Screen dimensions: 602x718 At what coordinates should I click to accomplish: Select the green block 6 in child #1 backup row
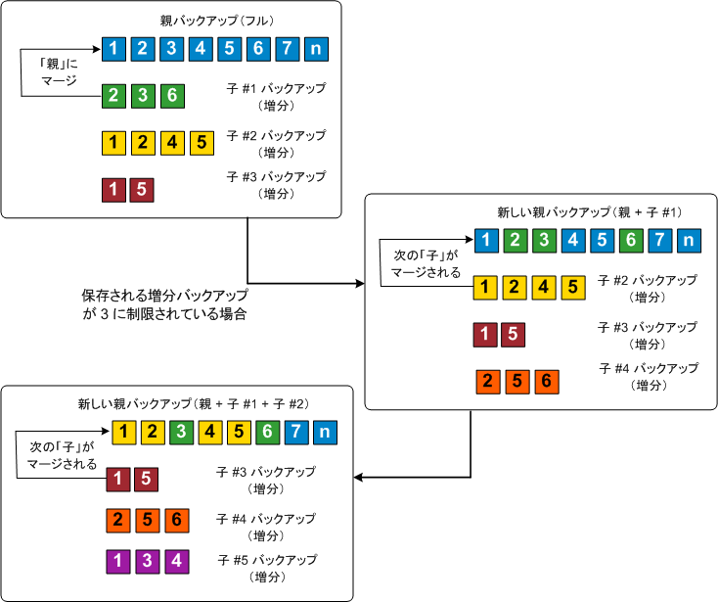[172, 95]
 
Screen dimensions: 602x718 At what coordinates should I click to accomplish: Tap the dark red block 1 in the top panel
[113, 188]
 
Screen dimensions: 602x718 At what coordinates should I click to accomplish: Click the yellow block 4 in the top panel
[172, 143]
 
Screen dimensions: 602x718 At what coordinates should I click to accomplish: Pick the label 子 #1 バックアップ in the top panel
[276, 88]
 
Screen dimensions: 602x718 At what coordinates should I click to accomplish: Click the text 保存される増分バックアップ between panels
[164, 295]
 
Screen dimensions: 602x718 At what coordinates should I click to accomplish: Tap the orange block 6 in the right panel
[548, 382]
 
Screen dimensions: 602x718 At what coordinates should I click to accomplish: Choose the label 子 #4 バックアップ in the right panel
[648, 368]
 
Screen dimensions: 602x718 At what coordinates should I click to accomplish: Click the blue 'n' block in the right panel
[689, 239]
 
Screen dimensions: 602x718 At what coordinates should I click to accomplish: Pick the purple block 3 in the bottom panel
[147, 562]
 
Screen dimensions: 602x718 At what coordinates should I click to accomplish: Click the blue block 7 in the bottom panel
[298, 431]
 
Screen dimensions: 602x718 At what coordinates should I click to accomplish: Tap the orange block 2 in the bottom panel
[118, 520]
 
